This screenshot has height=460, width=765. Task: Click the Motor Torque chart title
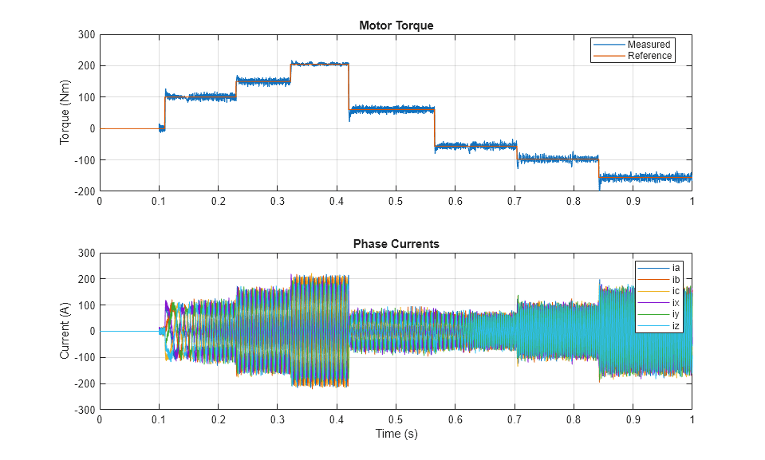pyautogui.click(x=396, y=26)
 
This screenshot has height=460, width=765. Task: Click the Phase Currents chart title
pyautogui.click(x=396, y=244)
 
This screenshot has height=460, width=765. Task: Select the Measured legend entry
pyautogui.click(x=648, y=45)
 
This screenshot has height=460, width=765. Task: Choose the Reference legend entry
pyautogui.click(x=649, y=56)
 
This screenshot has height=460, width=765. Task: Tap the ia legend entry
pyautogui.click(x=676, y=267)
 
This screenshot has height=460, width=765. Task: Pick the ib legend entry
pyautogui.click(x=676, y=279)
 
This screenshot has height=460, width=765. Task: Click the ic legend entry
pyautogui.click(x=676, y=291)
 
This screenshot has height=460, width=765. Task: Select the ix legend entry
pyautogui.click(x=676, y=302)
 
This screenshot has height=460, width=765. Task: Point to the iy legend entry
pyautogui.click(x=676, y=314)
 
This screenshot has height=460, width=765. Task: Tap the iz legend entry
pyautogui.click(x=676, y=325)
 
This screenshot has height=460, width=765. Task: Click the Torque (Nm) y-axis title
pyautogui.click(x=66, y=112)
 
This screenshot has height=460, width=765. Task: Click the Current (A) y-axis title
pyautogui.click(x=66, y=331)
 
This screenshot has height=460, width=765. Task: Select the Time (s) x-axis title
pyautogui.click(x=396, y=434)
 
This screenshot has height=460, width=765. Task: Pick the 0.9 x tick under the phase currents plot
pyautogui.click(x=633, y=420)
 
